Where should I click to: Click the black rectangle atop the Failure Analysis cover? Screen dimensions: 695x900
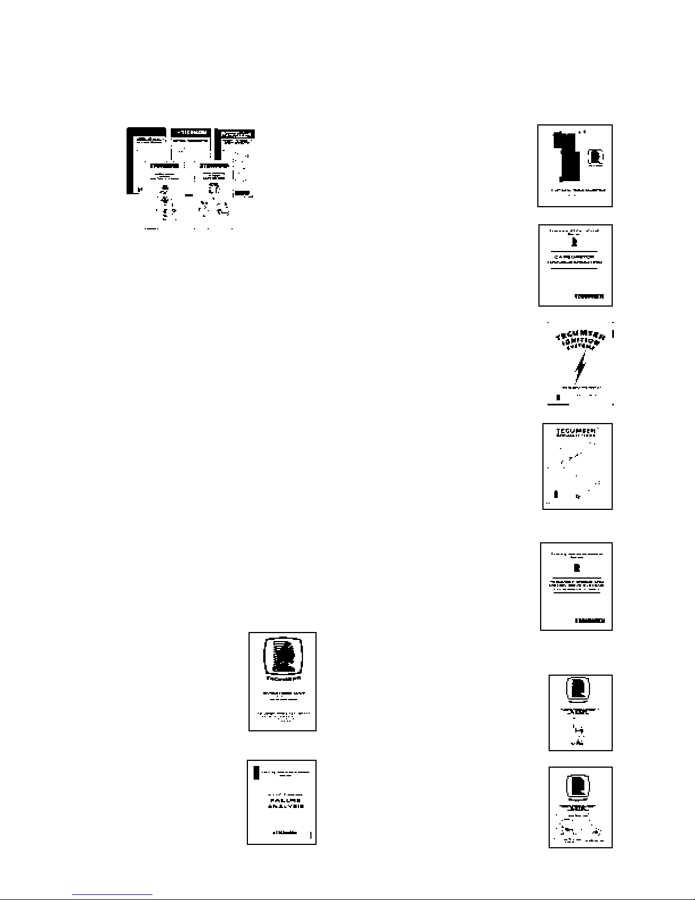(x=256, y=772)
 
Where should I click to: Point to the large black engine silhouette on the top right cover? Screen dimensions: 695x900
(x=567, y=156)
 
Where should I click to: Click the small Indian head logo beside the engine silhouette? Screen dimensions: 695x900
(x=596, y=156)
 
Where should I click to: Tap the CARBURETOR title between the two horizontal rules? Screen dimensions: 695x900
(x=575, y=257)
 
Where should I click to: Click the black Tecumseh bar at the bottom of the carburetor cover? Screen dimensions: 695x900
(x=589, y=296)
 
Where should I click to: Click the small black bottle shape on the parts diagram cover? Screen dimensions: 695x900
(x=556, y=494)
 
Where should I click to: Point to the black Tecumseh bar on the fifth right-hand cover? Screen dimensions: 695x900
(x=590, y=621)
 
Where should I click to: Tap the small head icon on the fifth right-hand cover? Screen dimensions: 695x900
(x=577, y=568)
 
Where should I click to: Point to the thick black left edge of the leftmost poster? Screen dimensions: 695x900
(x=129, y=162)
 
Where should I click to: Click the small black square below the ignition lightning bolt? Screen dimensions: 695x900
(x=558, y=397)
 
